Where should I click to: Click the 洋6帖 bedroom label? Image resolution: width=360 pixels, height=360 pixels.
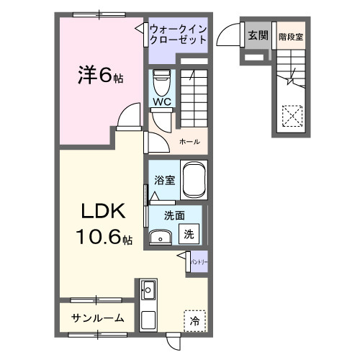tap(100, 75)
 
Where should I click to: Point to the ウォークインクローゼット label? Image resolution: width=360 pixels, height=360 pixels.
tap(179, 35)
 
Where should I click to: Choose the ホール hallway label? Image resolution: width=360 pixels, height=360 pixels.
tap(189, 141)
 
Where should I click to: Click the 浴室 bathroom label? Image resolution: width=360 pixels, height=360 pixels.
tap(164, 180)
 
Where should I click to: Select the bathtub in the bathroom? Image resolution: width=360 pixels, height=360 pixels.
tap(194, 179)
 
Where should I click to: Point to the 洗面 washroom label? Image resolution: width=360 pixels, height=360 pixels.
tap(174, 215)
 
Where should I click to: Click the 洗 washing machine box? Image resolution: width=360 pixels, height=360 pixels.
tap(188, 234)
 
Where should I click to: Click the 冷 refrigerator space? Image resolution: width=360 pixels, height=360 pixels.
tap(194, 320)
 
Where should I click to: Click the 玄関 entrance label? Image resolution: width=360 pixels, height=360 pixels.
tap(257, 35)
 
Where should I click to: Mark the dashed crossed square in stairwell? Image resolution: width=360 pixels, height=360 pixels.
tap(292, 115)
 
